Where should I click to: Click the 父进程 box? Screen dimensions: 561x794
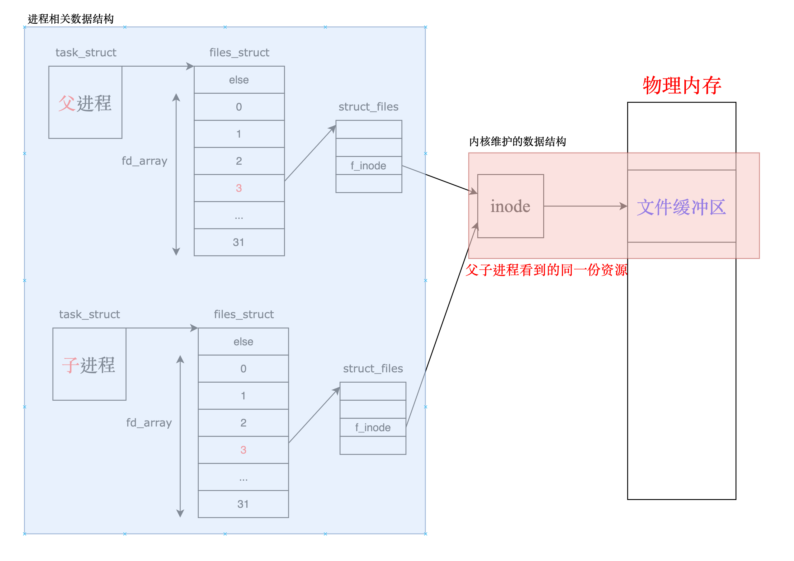click(x=85, y=103)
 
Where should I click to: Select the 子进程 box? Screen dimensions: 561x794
click(x=89, y=364)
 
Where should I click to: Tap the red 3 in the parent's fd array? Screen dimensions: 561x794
click(x=239, y=188)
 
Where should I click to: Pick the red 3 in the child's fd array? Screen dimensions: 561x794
click(x=243, y=450)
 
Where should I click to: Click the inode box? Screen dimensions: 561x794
click(x=510, y=206)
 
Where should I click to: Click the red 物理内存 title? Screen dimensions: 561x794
click(x=682, y=85)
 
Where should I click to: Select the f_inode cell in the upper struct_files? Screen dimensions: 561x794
click(x=369, y=166)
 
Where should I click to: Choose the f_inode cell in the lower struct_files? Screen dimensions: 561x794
click(x=373, y=427)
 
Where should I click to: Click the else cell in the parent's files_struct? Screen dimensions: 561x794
click(x=239, y=80)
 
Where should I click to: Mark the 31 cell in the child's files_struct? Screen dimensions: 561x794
click(x=243, y=504)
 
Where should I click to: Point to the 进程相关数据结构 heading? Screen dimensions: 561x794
click(x=71, y=19)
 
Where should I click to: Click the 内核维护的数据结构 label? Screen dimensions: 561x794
click(x=517, y=141)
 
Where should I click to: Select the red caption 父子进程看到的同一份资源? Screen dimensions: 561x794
click(x=546, y=270)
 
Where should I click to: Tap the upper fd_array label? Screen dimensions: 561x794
click(x=144, y=161)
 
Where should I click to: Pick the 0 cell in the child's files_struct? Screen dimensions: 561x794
click(x=243, y=369)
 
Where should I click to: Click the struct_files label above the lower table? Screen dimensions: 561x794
click(x=373, y=369)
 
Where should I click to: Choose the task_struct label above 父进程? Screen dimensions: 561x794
click(x=86, y=53)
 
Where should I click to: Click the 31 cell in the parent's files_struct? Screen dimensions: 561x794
click(x=239, y=242)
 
